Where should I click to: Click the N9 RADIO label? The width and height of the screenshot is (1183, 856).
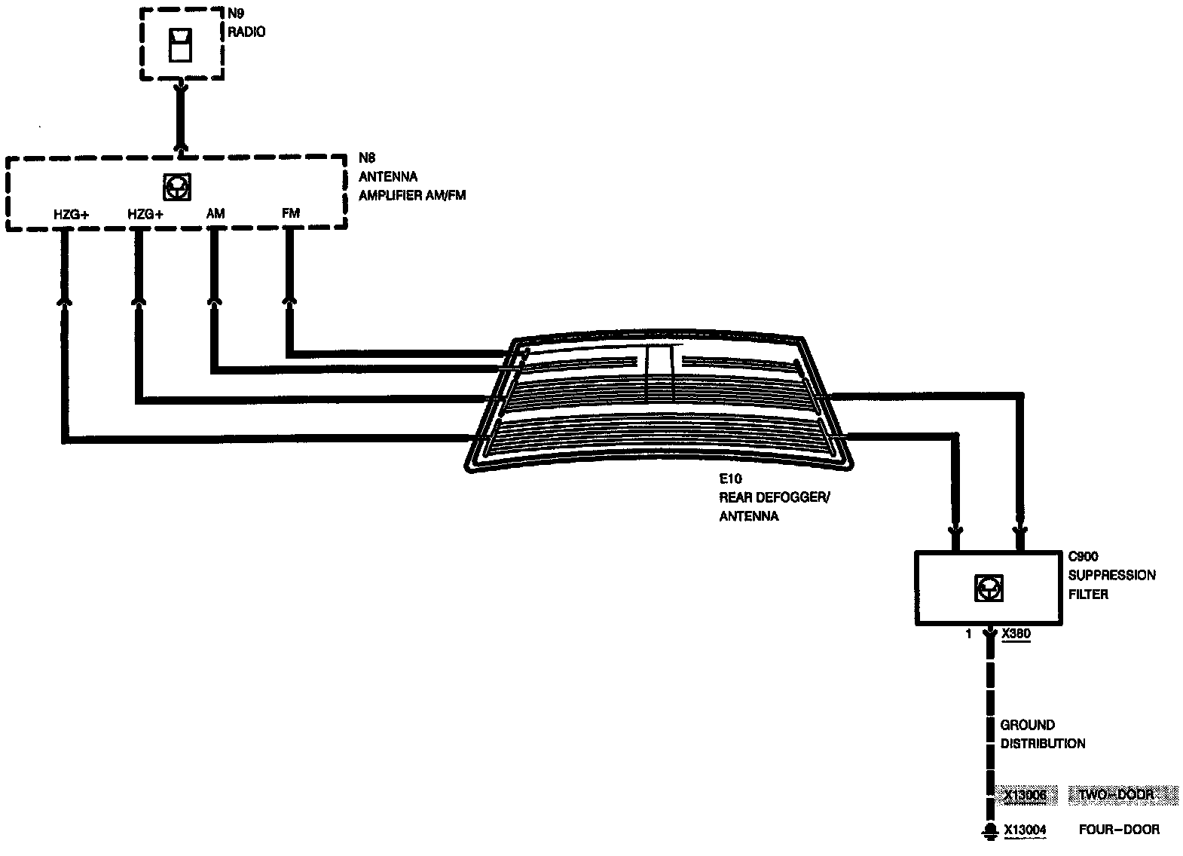[246, 23]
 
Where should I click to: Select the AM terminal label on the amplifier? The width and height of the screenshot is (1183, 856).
[216, 213]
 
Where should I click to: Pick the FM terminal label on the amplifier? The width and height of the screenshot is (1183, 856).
[291, 213]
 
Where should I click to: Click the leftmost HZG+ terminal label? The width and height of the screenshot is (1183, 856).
[71, 214]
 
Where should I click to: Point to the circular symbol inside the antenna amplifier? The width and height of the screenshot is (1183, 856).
[176, 187]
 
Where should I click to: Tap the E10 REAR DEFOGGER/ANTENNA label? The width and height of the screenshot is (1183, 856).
[774, 497]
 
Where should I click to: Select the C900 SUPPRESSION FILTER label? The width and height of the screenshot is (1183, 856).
[1111, 575]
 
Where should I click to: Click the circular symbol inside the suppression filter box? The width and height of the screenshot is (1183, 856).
[989, 588]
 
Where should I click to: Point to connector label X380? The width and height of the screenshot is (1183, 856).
[1016, 634]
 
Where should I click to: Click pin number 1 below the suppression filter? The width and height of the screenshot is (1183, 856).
[969, 634]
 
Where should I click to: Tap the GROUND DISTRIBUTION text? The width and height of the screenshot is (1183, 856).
[1042, 734]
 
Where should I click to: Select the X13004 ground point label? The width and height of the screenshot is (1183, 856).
[1025, 830]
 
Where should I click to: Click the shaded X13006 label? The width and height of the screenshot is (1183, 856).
[1025, 794]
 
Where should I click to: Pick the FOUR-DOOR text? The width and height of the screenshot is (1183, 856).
[1119, 830]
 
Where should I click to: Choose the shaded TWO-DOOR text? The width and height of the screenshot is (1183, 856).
[1120, 794]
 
